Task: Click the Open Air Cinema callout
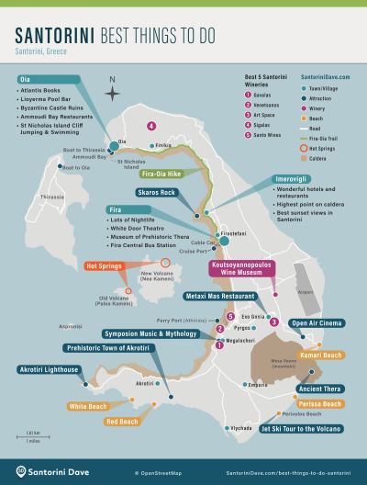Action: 317,323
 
